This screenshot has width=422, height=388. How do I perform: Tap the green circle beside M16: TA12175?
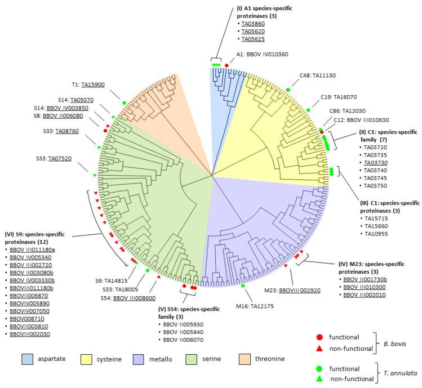coord(243,287)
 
